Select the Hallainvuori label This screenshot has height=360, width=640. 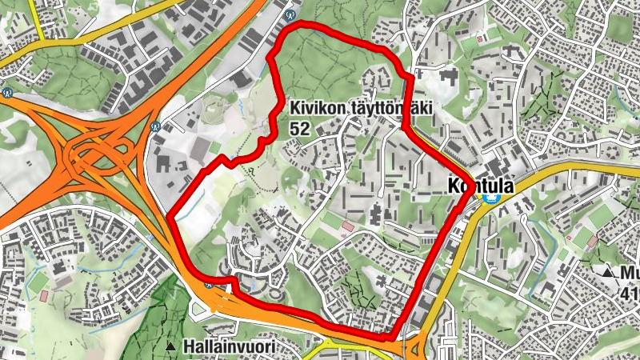(x=228, y=347)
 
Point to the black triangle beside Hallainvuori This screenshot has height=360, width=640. (x=170, y=347)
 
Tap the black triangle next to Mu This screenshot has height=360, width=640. (x=609, y=274)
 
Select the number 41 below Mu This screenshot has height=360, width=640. (x=629, y=294)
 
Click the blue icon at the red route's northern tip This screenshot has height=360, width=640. (x=290, y=14)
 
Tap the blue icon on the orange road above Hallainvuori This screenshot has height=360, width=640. (x=208, y=282)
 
